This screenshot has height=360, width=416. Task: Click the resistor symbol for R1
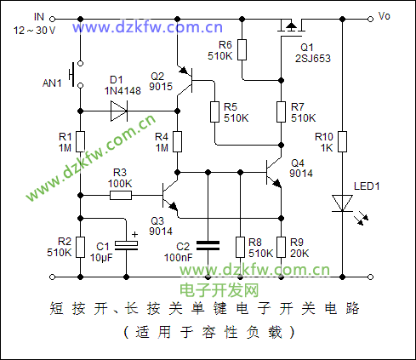[x=81, y=141]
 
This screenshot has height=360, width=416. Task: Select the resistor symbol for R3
[x=121, y=195]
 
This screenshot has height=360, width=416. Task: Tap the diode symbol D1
[x=119, y=111]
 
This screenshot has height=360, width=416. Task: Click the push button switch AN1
[x=77, y=74]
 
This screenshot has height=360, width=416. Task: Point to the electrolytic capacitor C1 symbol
[x=127, y=245]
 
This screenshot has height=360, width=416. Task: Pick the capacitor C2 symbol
[x=208, y=246]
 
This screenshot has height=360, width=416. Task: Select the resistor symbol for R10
[x=343, y=141]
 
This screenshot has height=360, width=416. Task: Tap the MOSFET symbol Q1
[x=291, y=28]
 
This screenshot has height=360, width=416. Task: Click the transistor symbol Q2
[x=185, y=81]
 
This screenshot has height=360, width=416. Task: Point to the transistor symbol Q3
[x=170, y=196]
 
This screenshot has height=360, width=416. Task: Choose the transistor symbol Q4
[x=274, y=173]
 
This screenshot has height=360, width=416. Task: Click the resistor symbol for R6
[x=242, y=49]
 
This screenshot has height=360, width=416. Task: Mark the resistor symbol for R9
[x=281, y=248]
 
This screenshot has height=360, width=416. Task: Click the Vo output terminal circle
[x=370, y=19]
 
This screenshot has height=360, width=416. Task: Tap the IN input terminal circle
[x=52, y=19]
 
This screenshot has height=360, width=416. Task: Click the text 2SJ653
[x=313, y=59]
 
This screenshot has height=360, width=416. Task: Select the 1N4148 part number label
[x=123, y=91]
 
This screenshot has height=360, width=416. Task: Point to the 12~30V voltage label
[x=34, y=31]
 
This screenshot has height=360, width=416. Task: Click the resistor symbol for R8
[x=240, y=248]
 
